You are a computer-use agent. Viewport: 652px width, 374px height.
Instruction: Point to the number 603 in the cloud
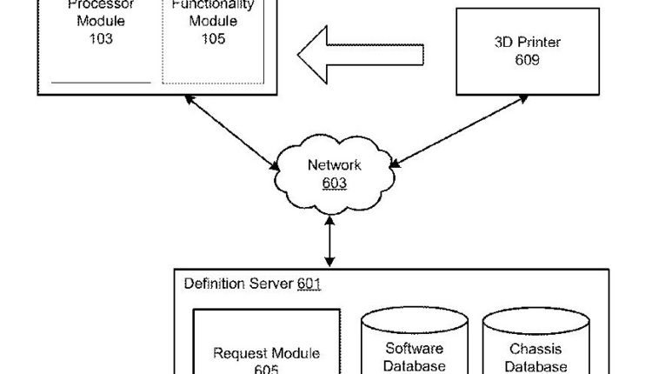(334, 183)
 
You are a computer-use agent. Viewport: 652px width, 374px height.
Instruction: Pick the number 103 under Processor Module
(101, 39)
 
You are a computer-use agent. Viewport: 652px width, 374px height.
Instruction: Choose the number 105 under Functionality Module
(212, 39)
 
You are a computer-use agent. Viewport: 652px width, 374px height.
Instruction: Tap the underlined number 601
(309, 284)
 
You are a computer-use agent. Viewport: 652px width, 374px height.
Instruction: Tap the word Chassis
(530, 349)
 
